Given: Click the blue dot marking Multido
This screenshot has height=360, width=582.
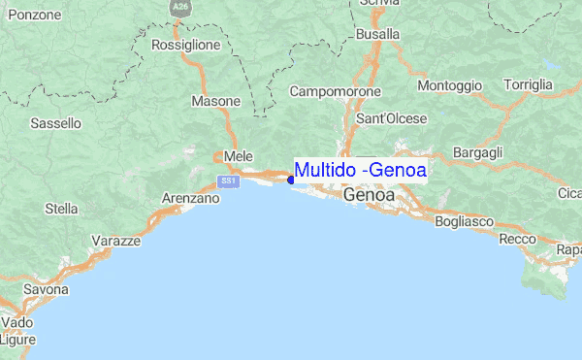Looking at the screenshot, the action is click(291, 179).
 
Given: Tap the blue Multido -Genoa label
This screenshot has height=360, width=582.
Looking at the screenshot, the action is click(360, 170).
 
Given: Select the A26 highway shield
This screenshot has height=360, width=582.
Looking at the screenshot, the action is click(179, 6).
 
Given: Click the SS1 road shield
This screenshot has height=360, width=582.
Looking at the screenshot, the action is click(229, 181).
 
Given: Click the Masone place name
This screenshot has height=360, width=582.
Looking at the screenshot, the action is click(215, 101).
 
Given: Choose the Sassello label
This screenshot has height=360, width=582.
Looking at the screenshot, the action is click(56, 123).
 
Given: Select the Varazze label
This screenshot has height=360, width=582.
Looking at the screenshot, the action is click(116, 240).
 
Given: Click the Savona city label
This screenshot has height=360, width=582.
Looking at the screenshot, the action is click(47, 289).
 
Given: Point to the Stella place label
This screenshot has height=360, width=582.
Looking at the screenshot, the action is click(61, 208).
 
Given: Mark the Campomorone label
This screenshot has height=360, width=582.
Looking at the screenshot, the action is click(335, 92).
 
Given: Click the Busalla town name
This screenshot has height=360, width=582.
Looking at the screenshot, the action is click(378, 34).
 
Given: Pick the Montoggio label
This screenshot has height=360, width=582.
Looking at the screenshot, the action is click(449, 86).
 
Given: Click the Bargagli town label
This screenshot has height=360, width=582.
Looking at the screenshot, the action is click(477, 153).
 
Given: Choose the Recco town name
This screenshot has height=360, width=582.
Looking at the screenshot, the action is click(516, 238).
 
